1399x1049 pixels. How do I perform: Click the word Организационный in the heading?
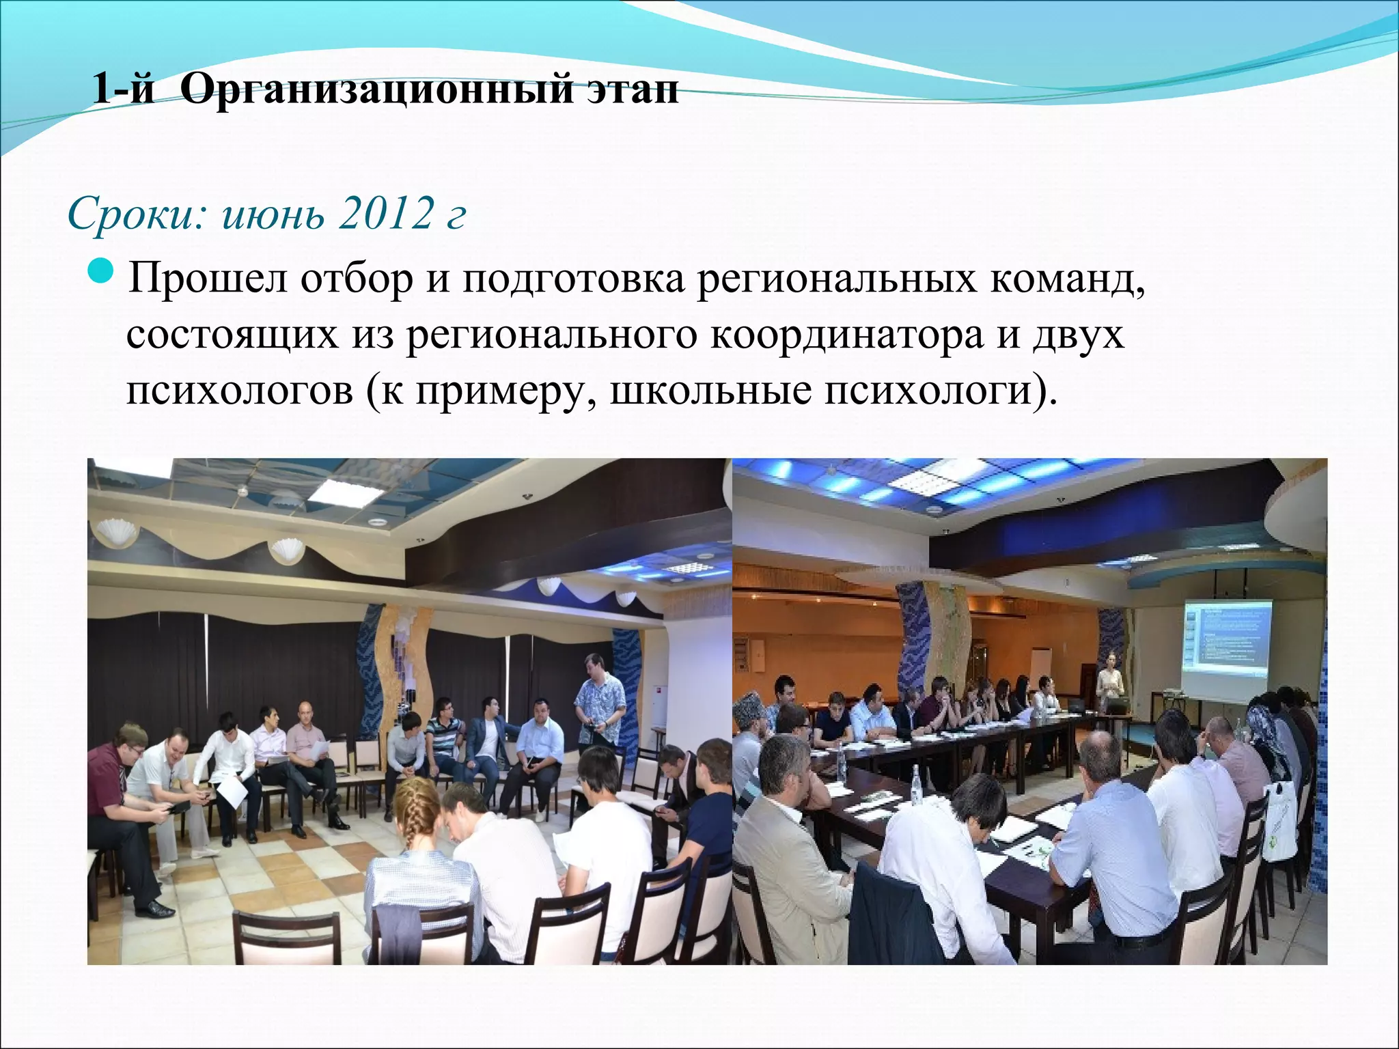[x=376, y=89]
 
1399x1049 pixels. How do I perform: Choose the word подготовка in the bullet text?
[x=573, y=279]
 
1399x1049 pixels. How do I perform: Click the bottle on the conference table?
[x=916, y=779]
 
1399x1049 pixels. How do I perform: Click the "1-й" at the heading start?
[x=123, y=89]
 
